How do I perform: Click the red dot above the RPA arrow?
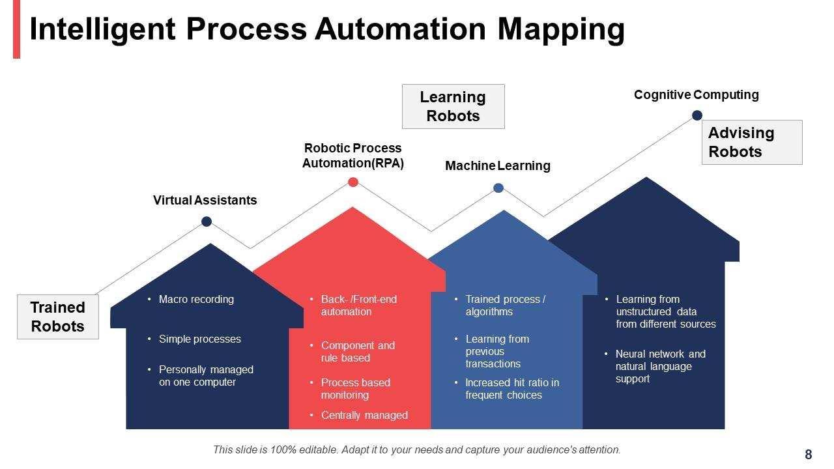(353, 182)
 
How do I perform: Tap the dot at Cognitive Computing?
(697, 115)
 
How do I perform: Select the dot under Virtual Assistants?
(207, 221)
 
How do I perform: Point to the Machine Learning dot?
(498, 188)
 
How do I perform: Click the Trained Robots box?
(58, 317)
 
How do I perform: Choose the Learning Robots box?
(453, 106)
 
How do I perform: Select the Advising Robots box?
(751, 142)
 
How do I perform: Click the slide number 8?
(809, 455)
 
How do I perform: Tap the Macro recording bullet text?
(196, 300)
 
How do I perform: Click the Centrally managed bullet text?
(364, 415)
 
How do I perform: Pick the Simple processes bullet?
(199, 339)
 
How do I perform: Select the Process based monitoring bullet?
(355, 389)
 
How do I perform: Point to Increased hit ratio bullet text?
(511, 389)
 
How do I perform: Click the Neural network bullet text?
(660, 366)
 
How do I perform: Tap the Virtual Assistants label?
(205, 200)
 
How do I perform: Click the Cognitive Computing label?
(696, 95)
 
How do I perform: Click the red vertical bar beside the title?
(16, 29)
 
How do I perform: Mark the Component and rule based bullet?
(358, 352)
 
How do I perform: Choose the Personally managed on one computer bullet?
(206, 376)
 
